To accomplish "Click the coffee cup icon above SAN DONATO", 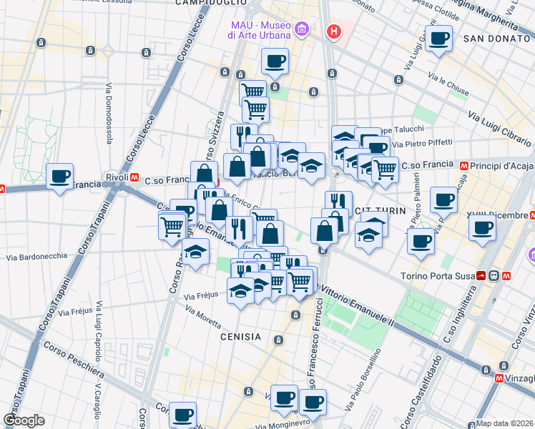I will click(438, 39).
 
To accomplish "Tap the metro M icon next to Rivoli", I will click(134, 177).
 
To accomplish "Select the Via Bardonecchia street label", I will click(36, 256).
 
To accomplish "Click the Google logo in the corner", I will click(24, 420).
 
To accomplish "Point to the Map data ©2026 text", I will click(504, 423).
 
